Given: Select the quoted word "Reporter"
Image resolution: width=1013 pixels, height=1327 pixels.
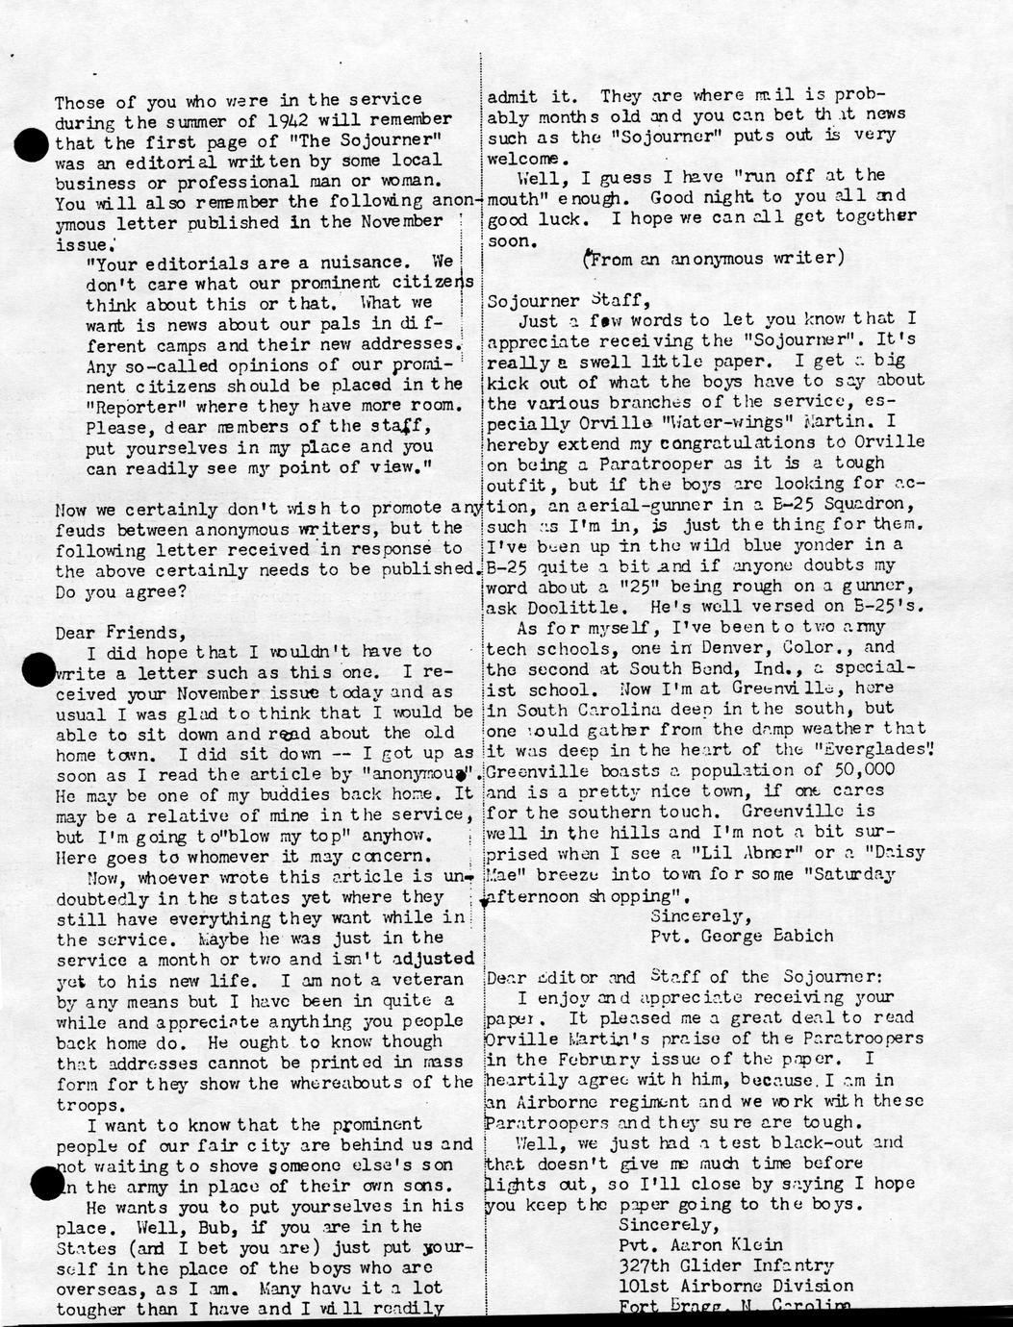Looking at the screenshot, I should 126,407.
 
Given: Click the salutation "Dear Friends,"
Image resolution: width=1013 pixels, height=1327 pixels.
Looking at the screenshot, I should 118,633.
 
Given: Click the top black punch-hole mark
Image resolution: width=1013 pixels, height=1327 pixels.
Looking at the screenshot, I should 34,146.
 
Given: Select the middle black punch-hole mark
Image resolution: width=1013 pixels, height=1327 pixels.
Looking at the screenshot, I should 37,668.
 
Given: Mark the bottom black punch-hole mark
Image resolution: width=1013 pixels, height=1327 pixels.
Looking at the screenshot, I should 46,1184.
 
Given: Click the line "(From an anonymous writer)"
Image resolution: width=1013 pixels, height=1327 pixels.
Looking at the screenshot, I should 714,259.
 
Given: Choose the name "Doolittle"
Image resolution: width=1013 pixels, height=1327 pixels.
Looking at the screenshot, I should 597,608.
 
